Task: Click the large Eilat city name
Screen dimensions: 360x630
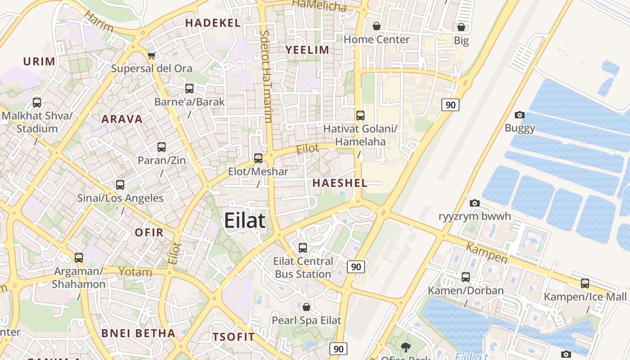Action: tap(245, 221)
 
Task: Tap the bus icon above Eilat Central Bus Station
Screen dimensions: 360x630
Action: tap(303, 247)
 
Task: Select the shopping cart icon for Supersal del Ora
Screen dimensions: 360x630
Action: tap(152, 55)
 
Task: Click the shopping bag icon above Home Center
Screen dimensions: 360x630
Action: tap(377, 26)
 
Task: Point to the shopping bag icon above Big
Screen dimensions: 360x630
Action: tap(461, 27)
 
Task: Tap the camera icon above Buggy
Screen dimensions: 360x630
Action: tap(520, 115)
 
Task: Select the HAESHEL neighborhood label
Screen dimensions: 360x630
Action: tap(340, 183)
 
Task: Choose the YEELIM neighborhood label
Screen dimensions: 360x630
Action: tap(308, 49)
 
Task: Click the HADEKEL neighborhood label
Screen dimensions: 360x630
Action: tap(213, 23)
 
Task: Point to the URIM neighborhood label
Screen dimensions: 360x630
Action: tap(39, 61)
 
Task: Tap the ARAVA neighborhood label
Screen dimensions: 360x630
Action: tap(122, 119)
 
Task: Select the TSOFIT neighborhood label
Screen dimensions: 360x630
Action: tap(234, 337)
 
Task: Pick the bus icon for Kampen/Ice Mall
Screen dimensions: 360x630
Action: tap(585, 283)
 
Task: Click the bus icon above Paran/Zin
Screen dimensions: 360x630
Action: tap(162, 147)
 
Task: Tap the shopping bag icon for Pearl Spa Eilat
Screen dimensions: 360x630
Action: tap(306, 307)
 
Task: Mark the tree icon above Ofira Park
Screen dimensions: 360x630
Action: tap(406, 347)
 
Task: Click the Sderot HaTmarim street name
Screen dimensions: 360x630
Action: tap(266, 76)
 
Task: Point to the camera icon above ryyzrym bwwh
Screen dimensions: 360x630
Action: tap(475, 203)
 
